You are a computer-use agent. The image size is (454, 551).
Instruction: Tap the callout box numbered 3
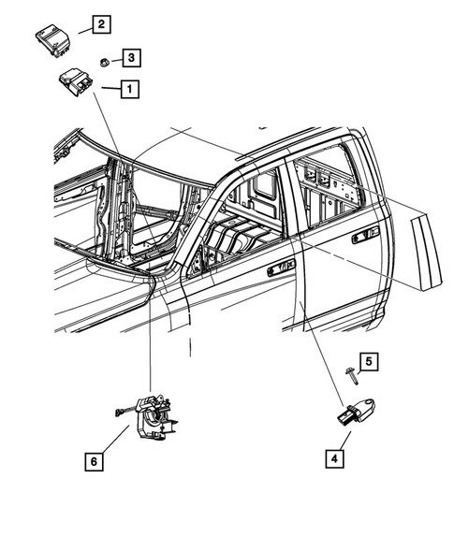(132, 59)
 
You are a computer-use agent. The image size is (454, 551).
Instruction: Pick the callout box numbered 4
(333, 458)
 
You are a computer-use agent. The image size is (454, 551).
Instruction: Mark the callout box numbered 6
(94, 460)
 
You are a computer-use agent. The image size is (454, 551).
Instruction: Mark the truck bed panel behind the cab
(426, 248)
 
